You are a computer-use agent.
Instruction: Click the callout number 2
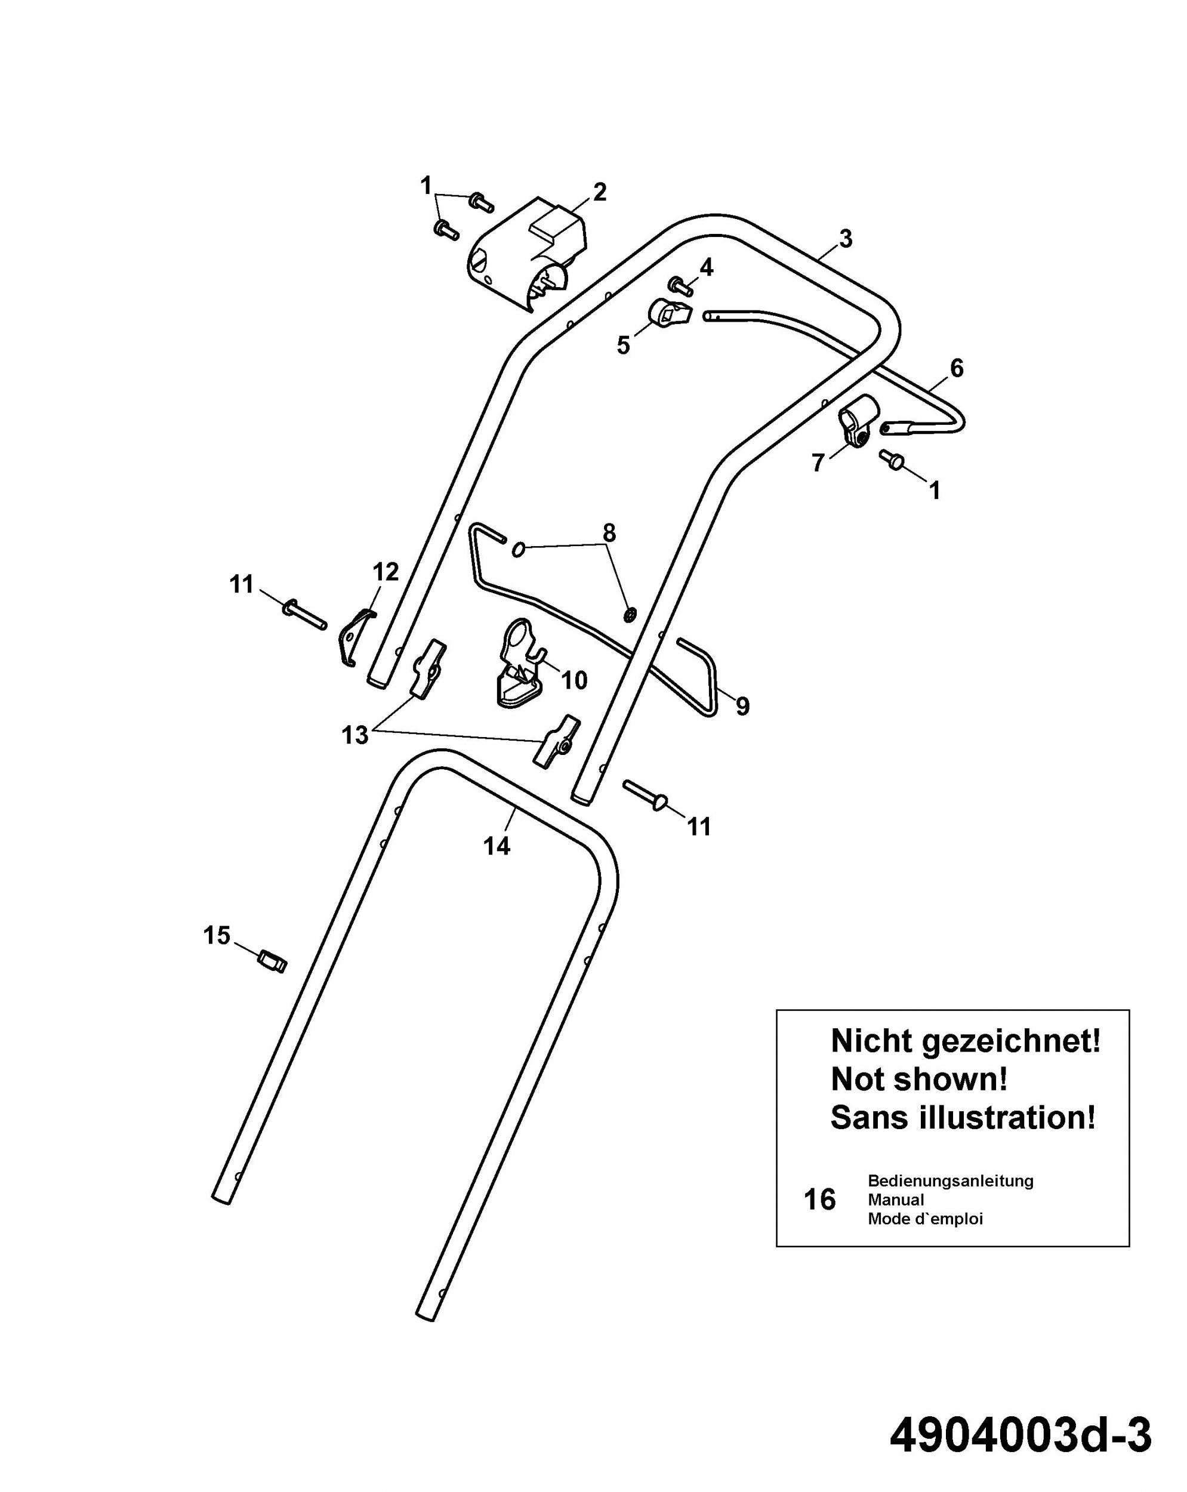point(599,192)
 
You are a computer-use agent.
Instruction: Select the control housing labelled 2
point(528,252)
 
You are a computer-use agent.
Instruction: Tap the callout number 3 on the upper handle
point(845,239)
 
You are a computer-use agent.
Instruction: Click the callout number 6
point(957,368)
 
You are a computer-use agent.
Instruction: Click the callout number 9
point(742,706)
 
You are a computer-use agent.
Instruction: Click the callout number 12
point(386,572)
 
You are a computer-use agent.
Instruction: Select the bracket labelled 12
point(355,637)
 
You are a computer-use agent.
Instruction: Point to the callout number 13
point(355,735)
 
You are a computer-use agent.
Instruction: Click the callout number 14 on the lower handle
point(497,846)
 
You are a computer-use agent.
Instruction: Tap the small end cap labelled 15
point(273,960)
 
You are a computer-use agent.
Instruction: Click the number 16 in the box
point(819,1200)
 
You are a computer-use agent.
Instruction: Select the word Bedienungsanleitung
point(950,1180)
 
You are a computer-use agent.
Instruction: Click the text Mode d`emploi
point(926,1219)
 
